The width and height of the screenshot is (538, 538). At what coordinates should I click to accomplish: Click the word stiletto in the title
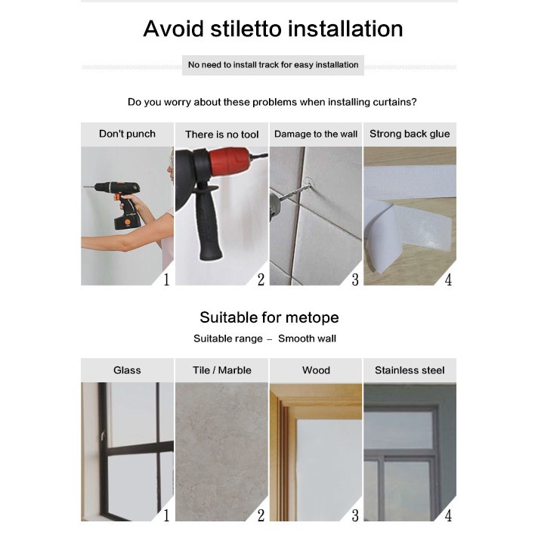click(246, 29)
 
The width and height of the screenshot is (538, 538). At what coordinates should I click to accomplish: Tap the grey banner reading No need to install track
click(273, 65)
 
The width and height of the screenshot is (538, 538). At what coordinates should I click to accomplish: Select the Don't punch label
click(127, 134)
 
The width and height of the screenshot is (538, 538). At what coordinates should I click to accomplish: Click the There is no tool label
click(222, 134)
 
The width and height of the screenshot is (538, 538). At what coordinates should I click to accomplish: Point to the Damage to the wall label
click(316, 134)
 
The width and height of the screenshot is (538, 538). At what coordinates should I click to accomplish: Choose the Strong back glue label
click(410, 134)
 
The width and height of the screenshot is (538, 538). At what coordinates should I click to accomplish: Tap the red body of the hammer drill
click(228, 160)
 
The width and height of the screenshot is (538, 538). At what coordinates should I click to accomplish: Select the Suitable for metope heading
click(269, 317)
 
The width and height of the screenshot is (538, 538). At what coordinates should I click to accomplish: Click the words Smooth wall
click(307, 339)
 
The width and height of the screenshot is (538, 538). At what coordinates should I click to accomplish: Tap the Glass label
click(127, 370)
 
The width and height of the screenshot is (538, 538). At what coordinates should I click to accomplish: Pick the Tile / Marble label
click(222, 370)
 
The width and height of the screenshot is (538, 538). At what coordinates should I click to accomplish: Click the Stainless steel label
click(410, 370)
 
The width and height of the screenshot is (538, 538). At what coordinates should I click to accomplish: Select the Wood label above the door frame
click(316, 370)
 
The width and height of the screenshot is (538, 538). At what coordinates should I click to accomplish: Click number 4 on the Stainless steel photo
click(448, 515)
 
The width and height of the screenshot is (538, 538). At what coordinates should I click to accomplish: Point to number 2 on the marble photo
click(261, 515)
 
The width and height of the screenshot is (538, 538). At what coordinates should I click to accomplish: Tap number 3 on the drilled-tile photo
click(355, 280)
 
